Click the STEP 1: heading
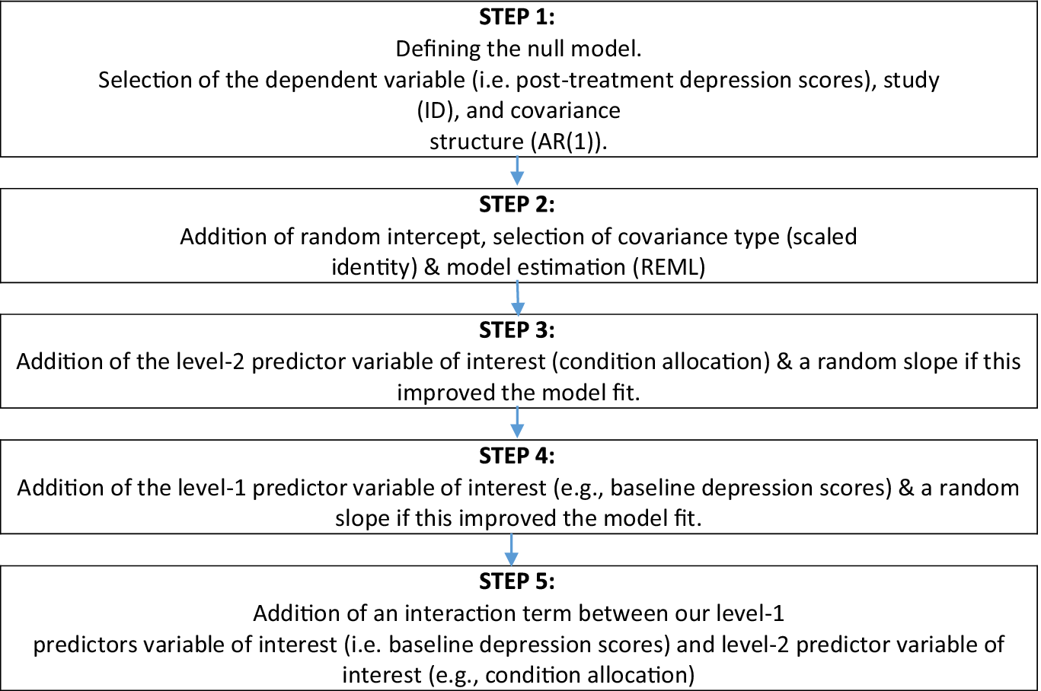tap(517, 18)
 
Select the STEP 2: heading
tap(517, 205)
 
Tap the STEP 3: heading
tap(517, 330)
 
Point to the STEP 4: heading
tap(517, 456)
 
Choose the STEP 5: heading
tap(517, 581)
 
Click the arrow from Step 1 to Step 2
tap(517, 171)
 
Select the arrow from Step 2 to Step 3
tap(518, 298)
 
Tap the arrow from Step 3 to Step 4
tap(517, 422)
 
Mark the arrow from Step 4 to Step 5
tap(511, 549)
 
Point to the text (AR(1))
tap(569, 142)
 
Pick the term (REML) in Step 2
tap(669, 267)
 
